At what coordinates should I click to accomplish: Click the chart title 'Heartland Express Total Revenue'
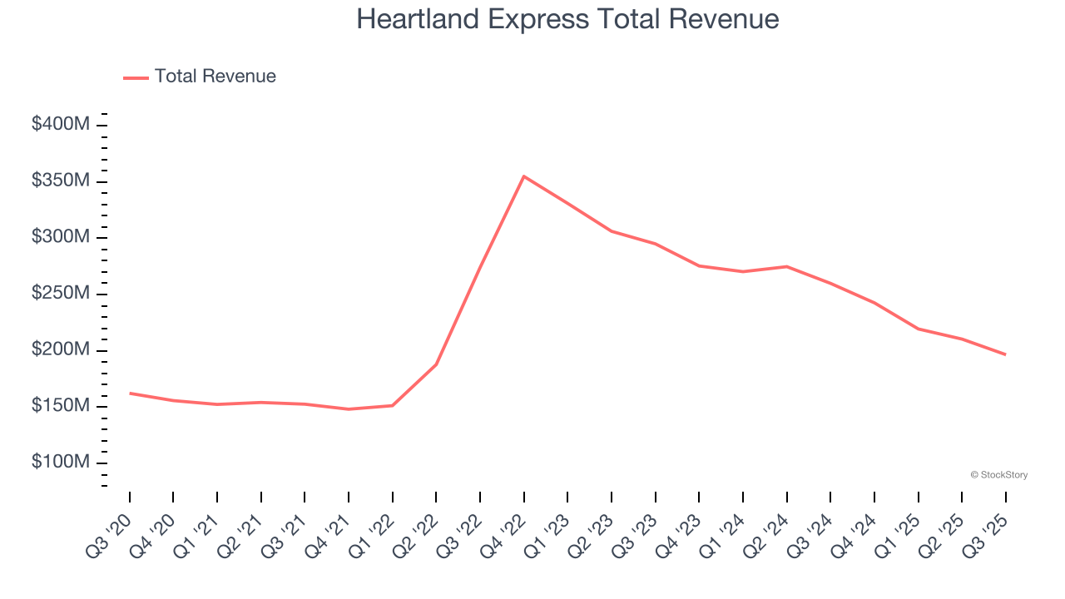pos(567,19)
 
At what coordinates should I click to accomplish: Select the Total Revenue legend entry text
pos(215,77)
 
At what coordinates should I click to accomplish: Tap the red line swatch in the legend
pos(136,77)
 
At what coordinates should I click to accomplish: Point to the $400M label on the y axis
pos(60,125)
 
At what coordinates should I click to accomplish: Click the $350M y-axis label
pos(60,181)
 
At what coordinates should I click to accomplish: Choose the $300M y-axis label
pos(60,237)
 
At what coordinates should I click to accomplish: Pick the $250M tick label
pos(60,294)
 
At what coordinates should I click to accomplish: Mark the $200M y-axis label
pos(60,349)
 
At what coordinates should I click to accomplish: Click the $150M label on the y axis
pos(60,406)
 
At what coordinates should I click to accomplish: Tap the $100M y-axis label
pos(60,463)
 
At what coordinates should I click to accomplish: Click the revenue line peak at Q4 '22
pos(523,176)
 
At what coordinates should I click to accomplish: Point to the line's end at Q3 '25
pos(1005,354)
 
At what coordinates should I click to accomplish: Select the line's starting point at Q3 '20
pos(130,393)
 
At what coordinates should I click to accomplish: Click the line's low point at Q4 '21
pos(349,409)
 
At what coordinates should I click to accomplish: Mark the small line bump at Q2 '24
pos(786,266)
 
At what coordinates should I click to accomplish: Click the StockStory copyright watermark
pos(998,475)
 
